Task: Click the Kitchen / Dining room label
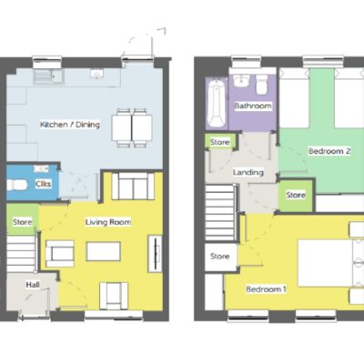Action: (70, 125)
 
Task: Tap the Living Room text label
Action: (108, 222)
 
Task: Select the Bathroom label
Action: (253, 106)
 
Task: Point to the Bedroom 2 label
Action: (329, 151)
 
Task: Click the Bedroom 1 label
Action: (266, 289)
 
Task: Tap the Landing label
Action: (248, 172)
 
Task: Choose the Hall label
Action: (33, 285)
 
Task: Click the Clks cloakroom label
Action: (43, 184)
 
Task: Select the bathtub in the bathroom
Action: (217, 103)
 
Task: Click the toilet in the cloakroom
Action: (17, 185)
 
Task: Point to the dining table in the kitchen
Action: (132, 127)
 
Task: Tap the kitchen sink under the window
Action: (48, 76)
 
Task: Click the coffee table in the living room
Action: (104, 251)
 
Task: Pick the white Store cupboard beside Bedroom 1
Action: (220, 257)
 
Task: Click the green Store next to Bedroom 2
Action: (296, 196)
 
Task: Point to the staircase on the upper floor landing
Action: (220, 212)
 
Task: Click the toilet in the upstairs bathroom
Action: (262, 85)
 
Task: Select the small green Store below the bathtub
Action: (220, 141)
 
